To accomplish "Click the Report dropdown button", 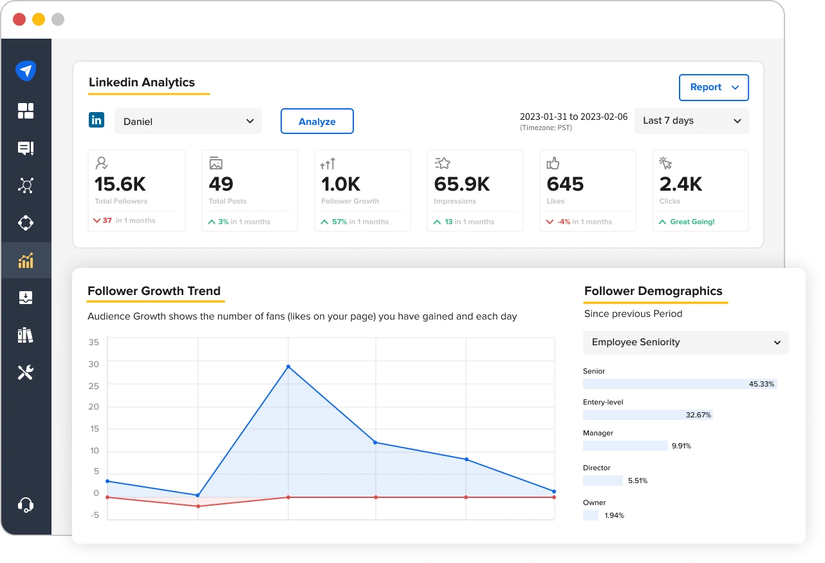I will pyautogui.click(x=714, y=88).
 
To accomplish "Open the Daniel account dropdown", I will pyautogui.click(x=188, y=121).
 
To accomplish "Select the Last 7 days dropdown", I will pyautogui.click(x=691, y=120).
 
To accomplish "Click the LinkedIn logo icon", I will pyautogui.click(x=97, y=120).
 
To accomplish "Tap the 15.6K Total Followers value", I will pyautogui.click(x=120, y=184).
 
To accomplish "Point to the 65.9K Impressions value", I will pyautogui.click(x=462, y=184).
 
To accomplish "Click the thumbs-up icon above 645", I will pyautogui.click(x=553, y=164).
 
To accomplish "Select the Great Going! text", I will pyautogui.click(x=692, y=222).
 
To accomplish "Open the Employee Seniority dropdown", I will pyautogui.click(x=685, y=343).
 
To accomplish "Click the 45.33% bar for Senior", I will pyautogui.click(x=680, y=384).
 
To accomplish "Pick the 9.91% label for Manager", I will pyautogui.click(x=681, y=446).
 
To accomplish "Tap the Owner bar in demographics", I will pyautogui.click(x=591, y=515).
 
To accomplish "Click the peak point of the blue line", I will pyautogui.click(x=288, y=367).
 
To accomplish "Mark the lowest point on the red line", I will pyautogui.click(x=198, y=506).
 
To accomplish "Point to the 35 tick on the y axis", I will pyautogui.click(x=94, y=342).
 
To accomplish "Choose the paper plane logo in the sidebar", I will pyautogui.click(x=26, y=71).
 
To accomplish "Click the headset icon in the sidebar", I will pyautogui.click(x=26, y=504).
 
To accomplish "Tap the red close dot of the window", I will pyautogui.click(x=19, y=19).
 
